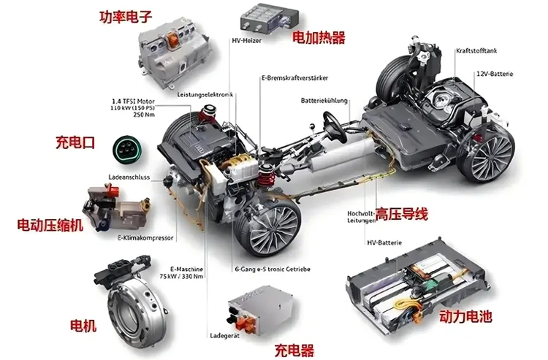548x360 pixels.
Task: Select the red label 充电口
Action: tap(75, 142)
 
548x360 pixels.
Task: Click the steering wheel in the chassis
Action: tap(332, 129)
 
